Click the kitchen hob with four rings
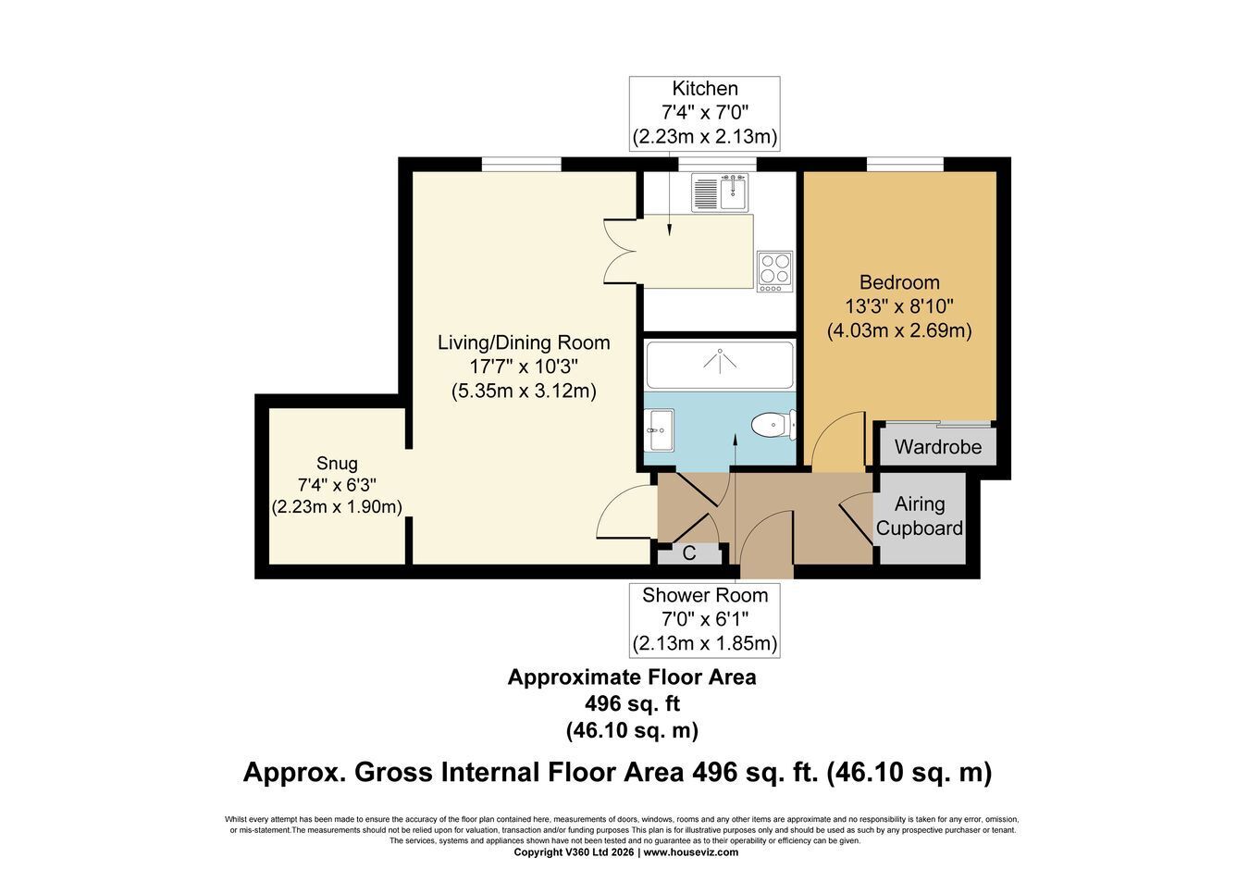click(774, 271)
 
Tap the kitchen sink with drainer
click(720, 193)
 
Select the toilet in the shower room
click(774, 425)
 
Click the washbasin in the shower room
click(659, 429)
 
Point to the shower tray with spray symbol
click(720, 365)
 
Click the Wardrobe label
click(938, 447)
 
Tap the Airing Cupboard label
click(920, 516)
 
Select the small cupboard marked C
click(689, 553)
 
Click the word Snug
click(337, 464)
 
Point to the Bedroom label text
click(899, 282)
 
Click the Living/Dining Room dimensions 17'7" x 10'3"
click(524, 366)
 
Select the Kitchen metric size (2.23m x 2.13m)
click(705, 137)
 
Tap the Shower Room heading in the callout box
click(705, 595)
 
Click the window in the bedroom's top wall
click(905, 164)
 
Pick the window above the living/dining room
click(522, 164)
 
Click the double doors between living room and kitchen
click(621, 252)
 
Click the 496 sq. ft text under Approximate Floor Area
click(632, 704)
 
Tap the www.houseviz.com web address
click(691, 852)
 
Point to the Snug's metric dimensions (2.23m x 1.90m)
click(337, 507)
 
